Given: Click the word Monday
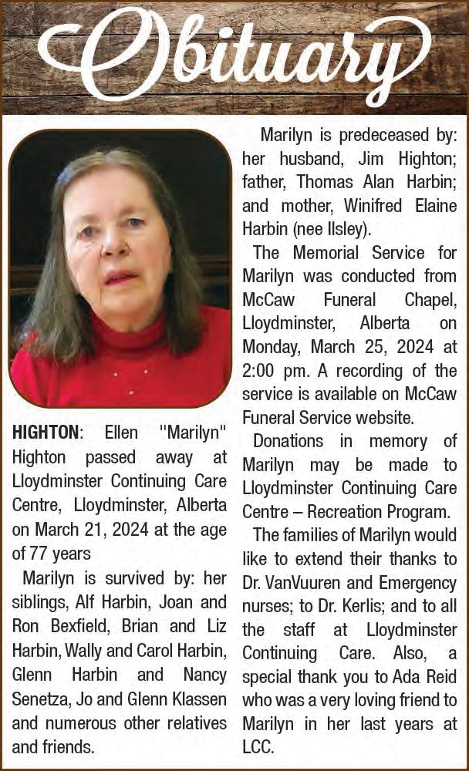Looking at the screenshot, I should coord(271,346).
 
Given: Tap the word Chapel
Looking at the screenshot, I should coord(430,299).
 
